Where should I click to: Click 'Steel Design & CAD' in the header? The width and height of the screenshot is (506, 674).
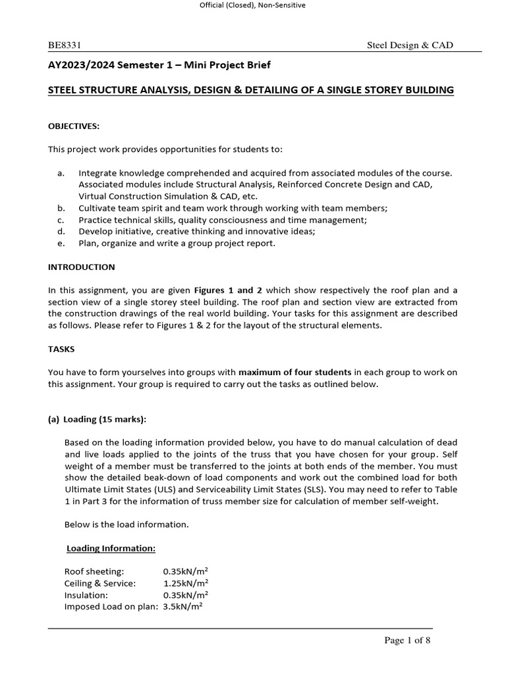pos(410,45)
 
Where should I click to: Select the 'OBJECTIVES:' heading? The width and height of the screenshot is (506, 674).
pos(73,126)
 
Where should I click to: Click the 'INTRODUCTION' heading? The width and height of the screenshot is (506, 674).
pos(82,267)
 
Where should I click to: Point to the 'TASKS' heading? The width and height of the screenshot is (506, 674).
pos(62,350)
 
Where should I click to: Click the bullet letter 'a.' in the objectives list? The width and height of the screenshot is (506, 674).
pos(61,173)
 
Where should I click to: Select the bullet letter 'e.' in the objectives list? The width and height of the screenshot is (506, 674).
pos(61,244)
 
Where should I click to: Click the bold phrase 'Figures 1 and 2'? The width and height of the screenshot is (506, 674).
pos(225,290)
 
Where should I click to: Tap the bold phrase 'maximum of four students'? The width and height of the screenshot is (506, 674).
pos(295,373)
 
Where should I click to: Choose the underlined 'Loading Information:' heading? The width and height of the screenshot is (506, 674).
pos(111,548)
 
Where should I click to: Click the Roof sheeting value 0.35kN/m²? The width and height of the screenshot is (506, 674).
pos(186,571)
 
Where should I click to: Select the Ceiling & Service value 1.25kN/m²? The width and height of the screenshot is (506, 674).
pos(186,583)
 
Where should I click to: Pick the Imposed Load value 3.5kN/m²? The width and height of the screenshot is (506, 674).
pos(183,607)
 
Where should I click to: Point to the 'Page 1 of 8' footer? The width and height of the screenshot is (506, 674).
pos(407,640)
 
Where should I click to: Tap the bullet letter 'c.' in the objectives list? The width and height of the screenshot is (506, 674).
pos(61,220)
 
